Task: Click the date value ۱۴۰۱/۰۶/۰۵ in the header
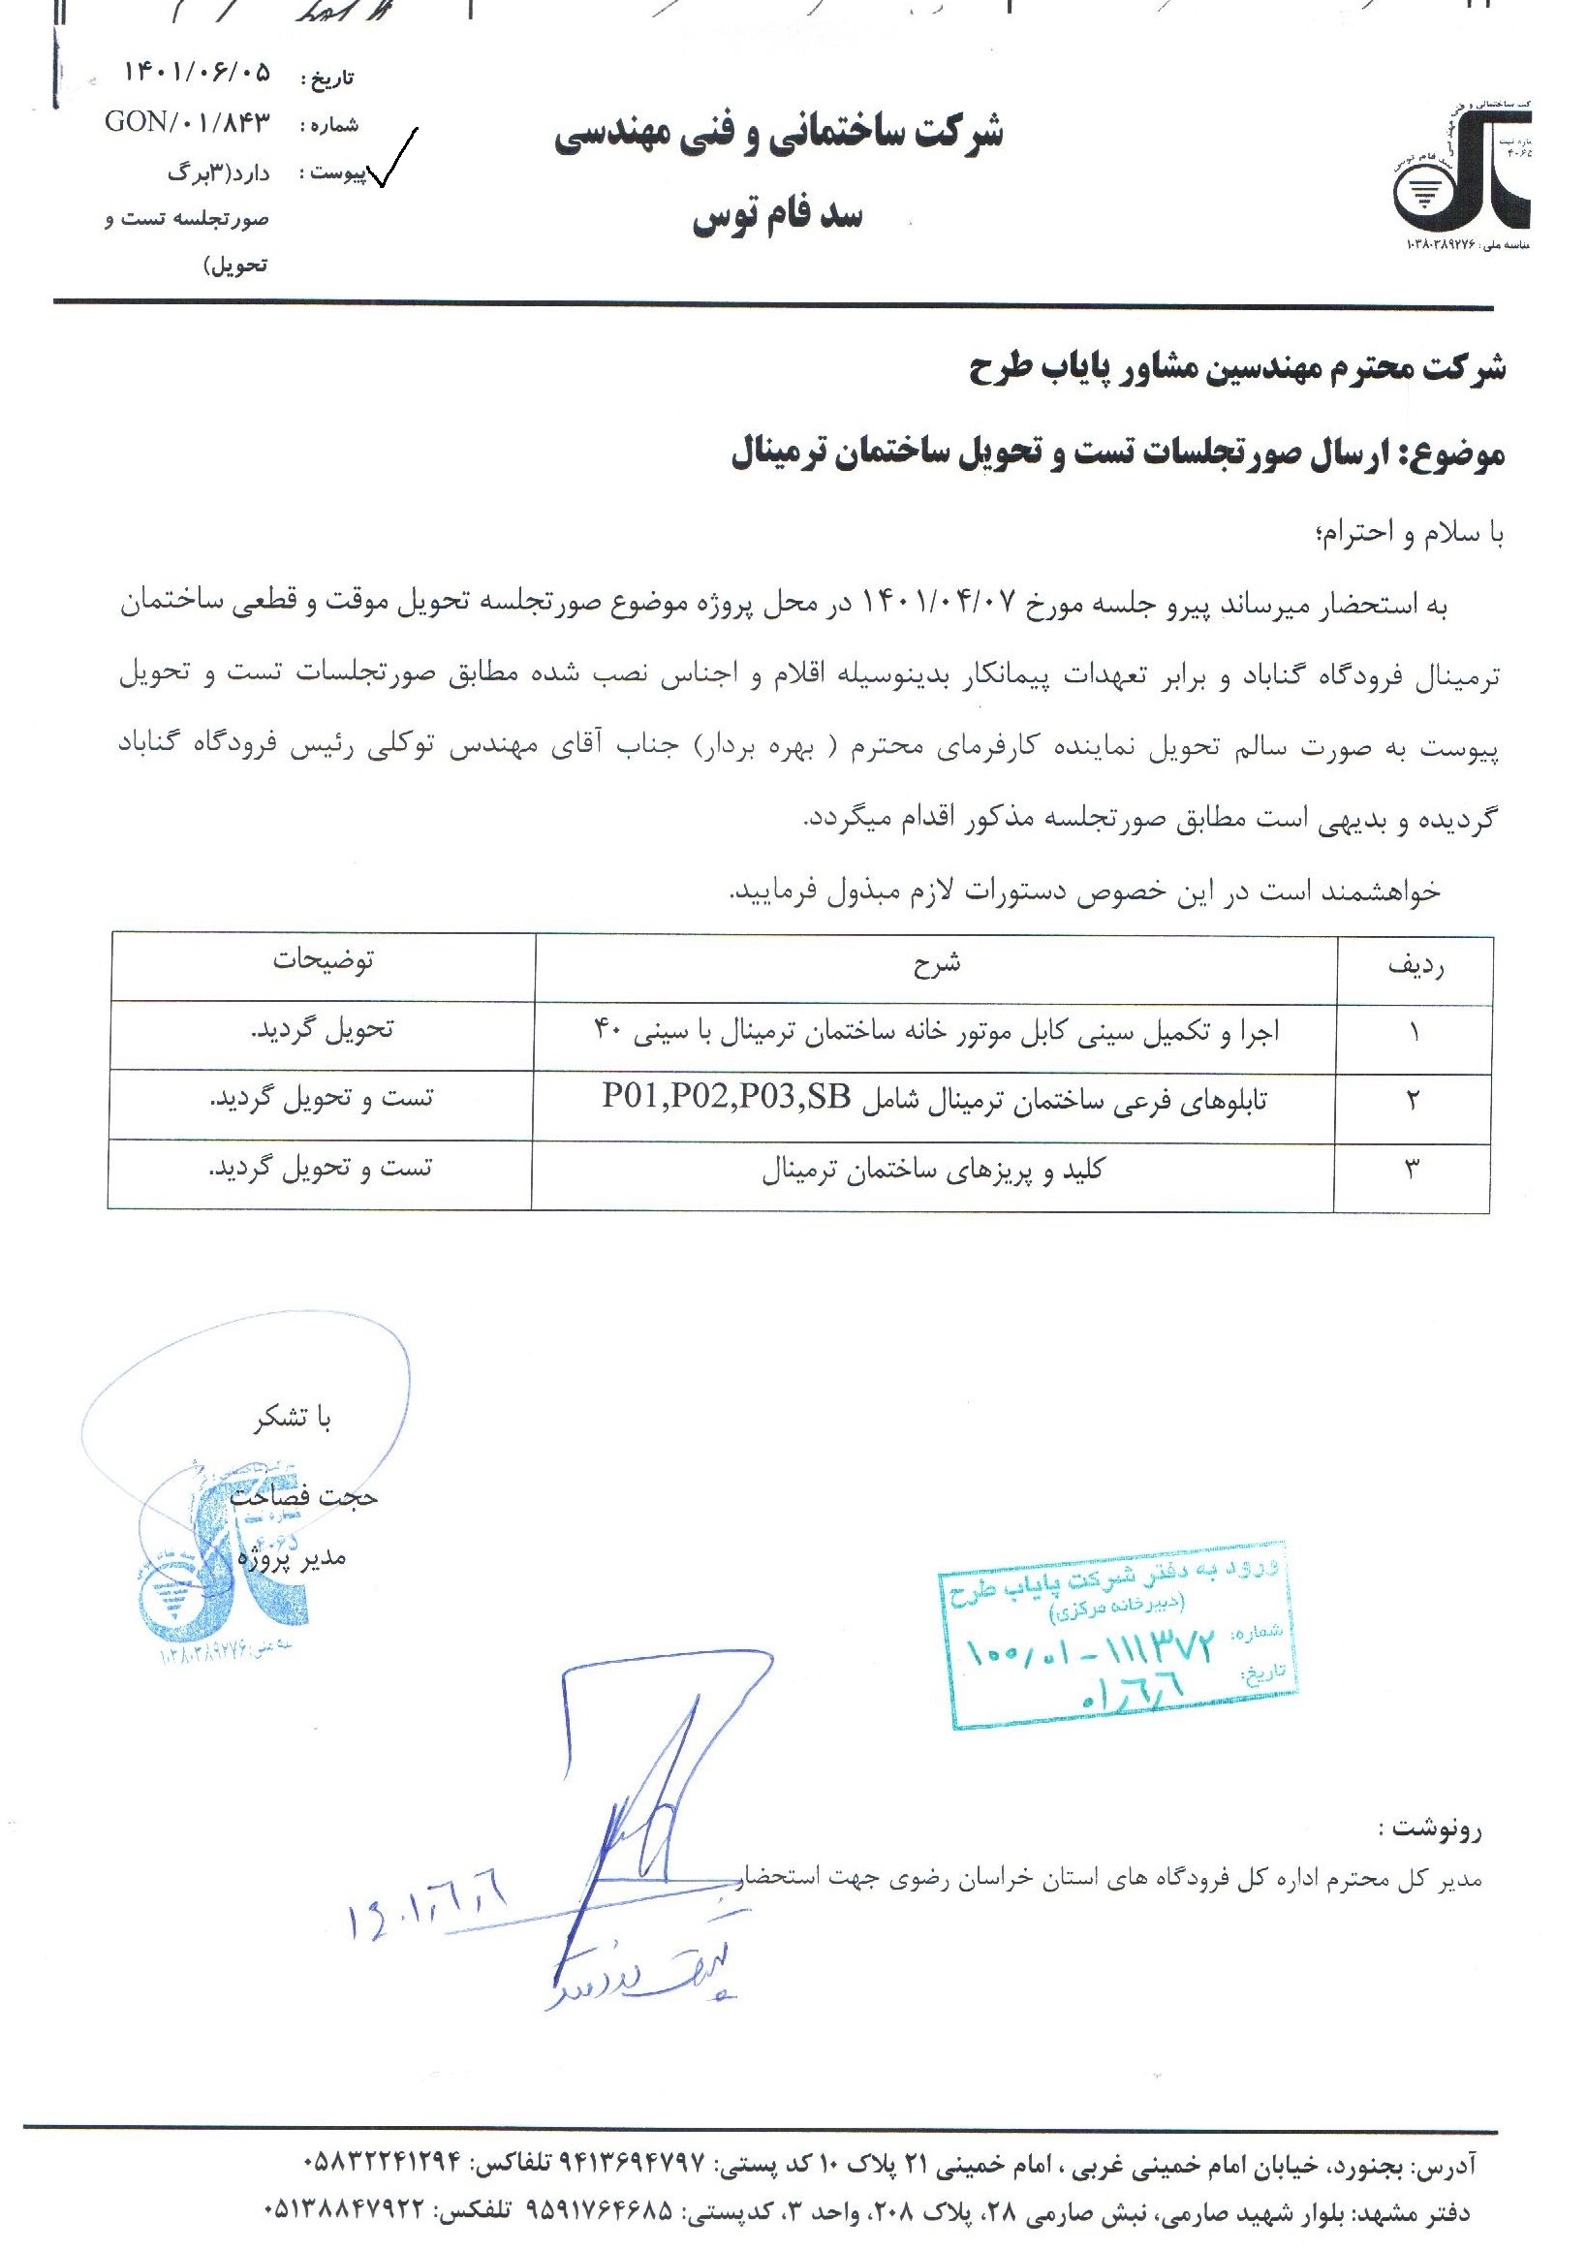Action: pos(197,74)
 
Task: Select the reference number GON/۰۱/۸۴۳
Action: pos(186,123)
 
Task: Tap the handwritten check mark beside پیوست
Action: pos(392,159)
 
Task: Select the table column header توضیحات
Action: pos(324,960)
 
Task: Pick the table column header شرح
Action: pos(936,964)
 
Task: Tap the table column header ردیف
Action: pos(1416,966)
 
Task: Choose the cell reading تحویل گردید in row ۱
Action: pos(324,1030)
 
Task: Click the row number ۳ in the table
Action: pos(1413,1169)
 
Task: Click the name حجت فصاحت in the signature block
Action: pos(304,1496)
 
